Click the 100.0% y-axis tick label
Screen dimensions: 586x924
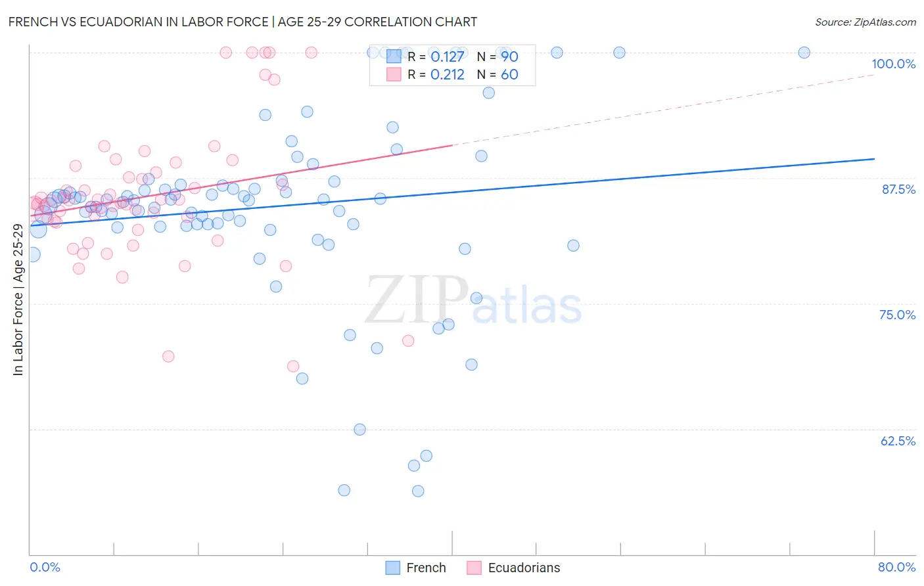point(893,64)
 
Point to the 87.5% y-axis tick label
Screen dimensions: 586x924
point(898,189)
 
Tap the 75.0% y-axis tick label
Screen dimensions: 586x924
point(897,315)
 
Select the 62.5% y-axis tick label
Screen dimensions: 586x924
point(898,441)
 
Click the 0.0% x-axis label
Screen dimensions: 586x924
point(45,567)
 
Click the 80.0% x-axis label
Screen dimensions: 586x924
point(896,567)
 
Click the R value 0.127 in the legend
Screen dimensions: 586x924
point(448,57)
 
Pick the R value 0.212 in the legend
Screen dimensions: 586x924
point(448,75)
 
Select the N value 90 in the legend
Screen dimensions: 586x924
point(509,57)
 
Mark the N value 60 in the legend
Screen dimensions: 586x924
point(509,75)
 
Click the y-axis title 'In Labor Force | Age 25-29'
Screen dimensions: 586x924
point(18,300)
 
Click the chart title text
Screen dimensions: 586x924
point(243,22)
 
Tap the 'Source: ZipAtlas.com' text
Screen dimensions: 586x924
point(865,22)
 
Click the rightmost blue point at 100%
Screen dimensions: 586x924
point(804,53)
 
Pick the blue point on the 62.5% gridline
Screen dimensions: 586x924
point(359,430)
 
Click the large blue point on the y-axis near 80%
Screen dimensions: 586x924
point(32,254)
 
